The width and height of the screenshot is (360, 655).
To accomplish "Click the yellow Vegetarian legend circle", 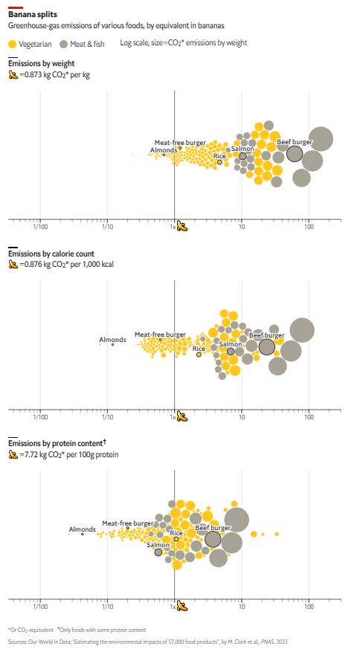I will (x=13, y=43).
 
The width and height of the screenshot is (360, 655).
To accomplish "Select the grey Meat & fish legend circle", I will (x=64, y=43).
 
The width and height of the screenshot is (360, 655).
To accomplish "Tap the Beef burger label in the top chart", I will (x=295, y=141).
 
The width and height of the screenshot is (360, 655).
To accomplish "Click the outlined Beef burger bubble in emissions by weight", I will (x=295, y=154).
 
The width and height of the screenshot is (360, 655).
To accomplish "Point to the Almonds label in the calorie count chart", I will (x=112, y=340).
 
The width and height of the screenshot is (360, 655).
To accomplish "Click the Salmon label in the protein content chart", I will (x=158, y=544).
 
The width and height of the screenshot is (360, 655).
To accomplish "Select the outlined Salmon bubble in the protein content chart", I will (x=158, y=552).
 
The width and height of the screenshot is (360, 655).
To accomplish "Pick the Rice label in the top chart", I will (x=219, y=156).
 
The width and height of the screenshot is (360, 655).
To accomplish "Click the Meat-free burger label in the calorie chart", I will (x=160, y=335).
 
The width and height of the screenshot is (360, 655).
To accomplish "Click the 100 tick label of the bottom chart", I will (x=309, y=607).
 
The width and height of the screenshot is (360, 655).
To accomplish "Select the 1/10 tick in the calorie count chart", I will (x=107, y=416).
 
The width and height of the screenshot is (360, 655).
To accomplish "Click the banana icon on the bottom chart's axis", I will (x=182, y=607).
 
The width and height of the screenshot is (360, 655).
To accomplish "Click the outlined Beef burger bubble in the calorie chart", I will (x=267, y=346).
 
